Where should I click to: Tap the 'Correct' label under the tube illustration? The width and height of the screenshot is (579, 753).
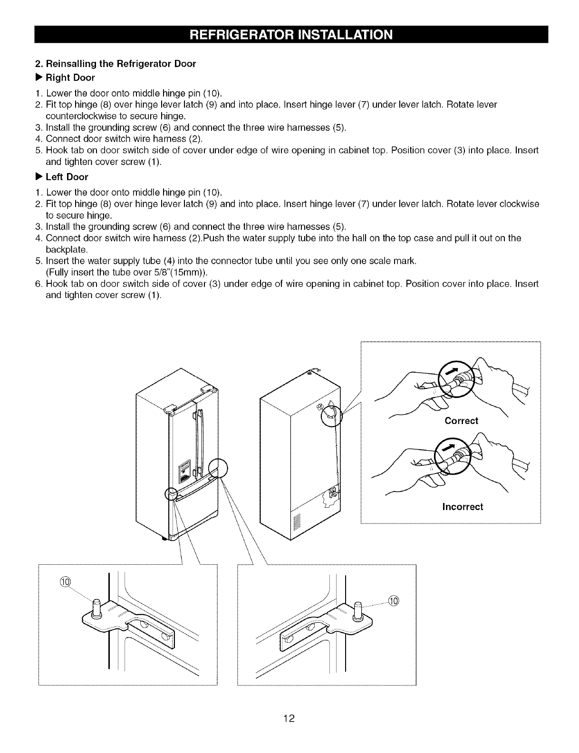461,421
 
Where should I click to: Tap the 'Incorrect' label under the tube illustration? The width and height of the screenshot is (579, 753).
462,507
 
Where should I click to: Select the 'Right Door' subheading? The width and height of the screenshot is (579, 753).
70,77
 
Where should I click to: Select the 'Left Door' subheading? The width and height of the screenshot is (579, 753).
67,177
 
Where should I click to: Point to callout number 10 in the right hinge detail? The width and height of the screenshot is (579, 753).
394,600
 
